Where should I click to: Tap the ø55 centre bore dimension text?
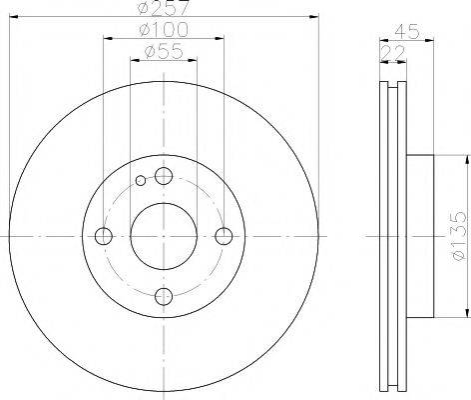[x=163, y=52]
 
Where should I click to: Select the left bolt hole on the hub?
[x=103, y=236]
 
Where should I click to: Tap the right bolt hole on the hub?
[x=224, y=236]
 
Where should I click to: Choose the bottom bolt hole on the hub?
[x=163, y=296]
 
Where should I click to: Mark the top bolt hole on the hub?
[x=163, y=176]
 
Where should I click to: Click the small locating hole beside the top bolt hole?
[x=142, y=181]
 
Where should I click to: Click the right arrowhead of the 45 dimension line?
[x=431, y=38]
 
